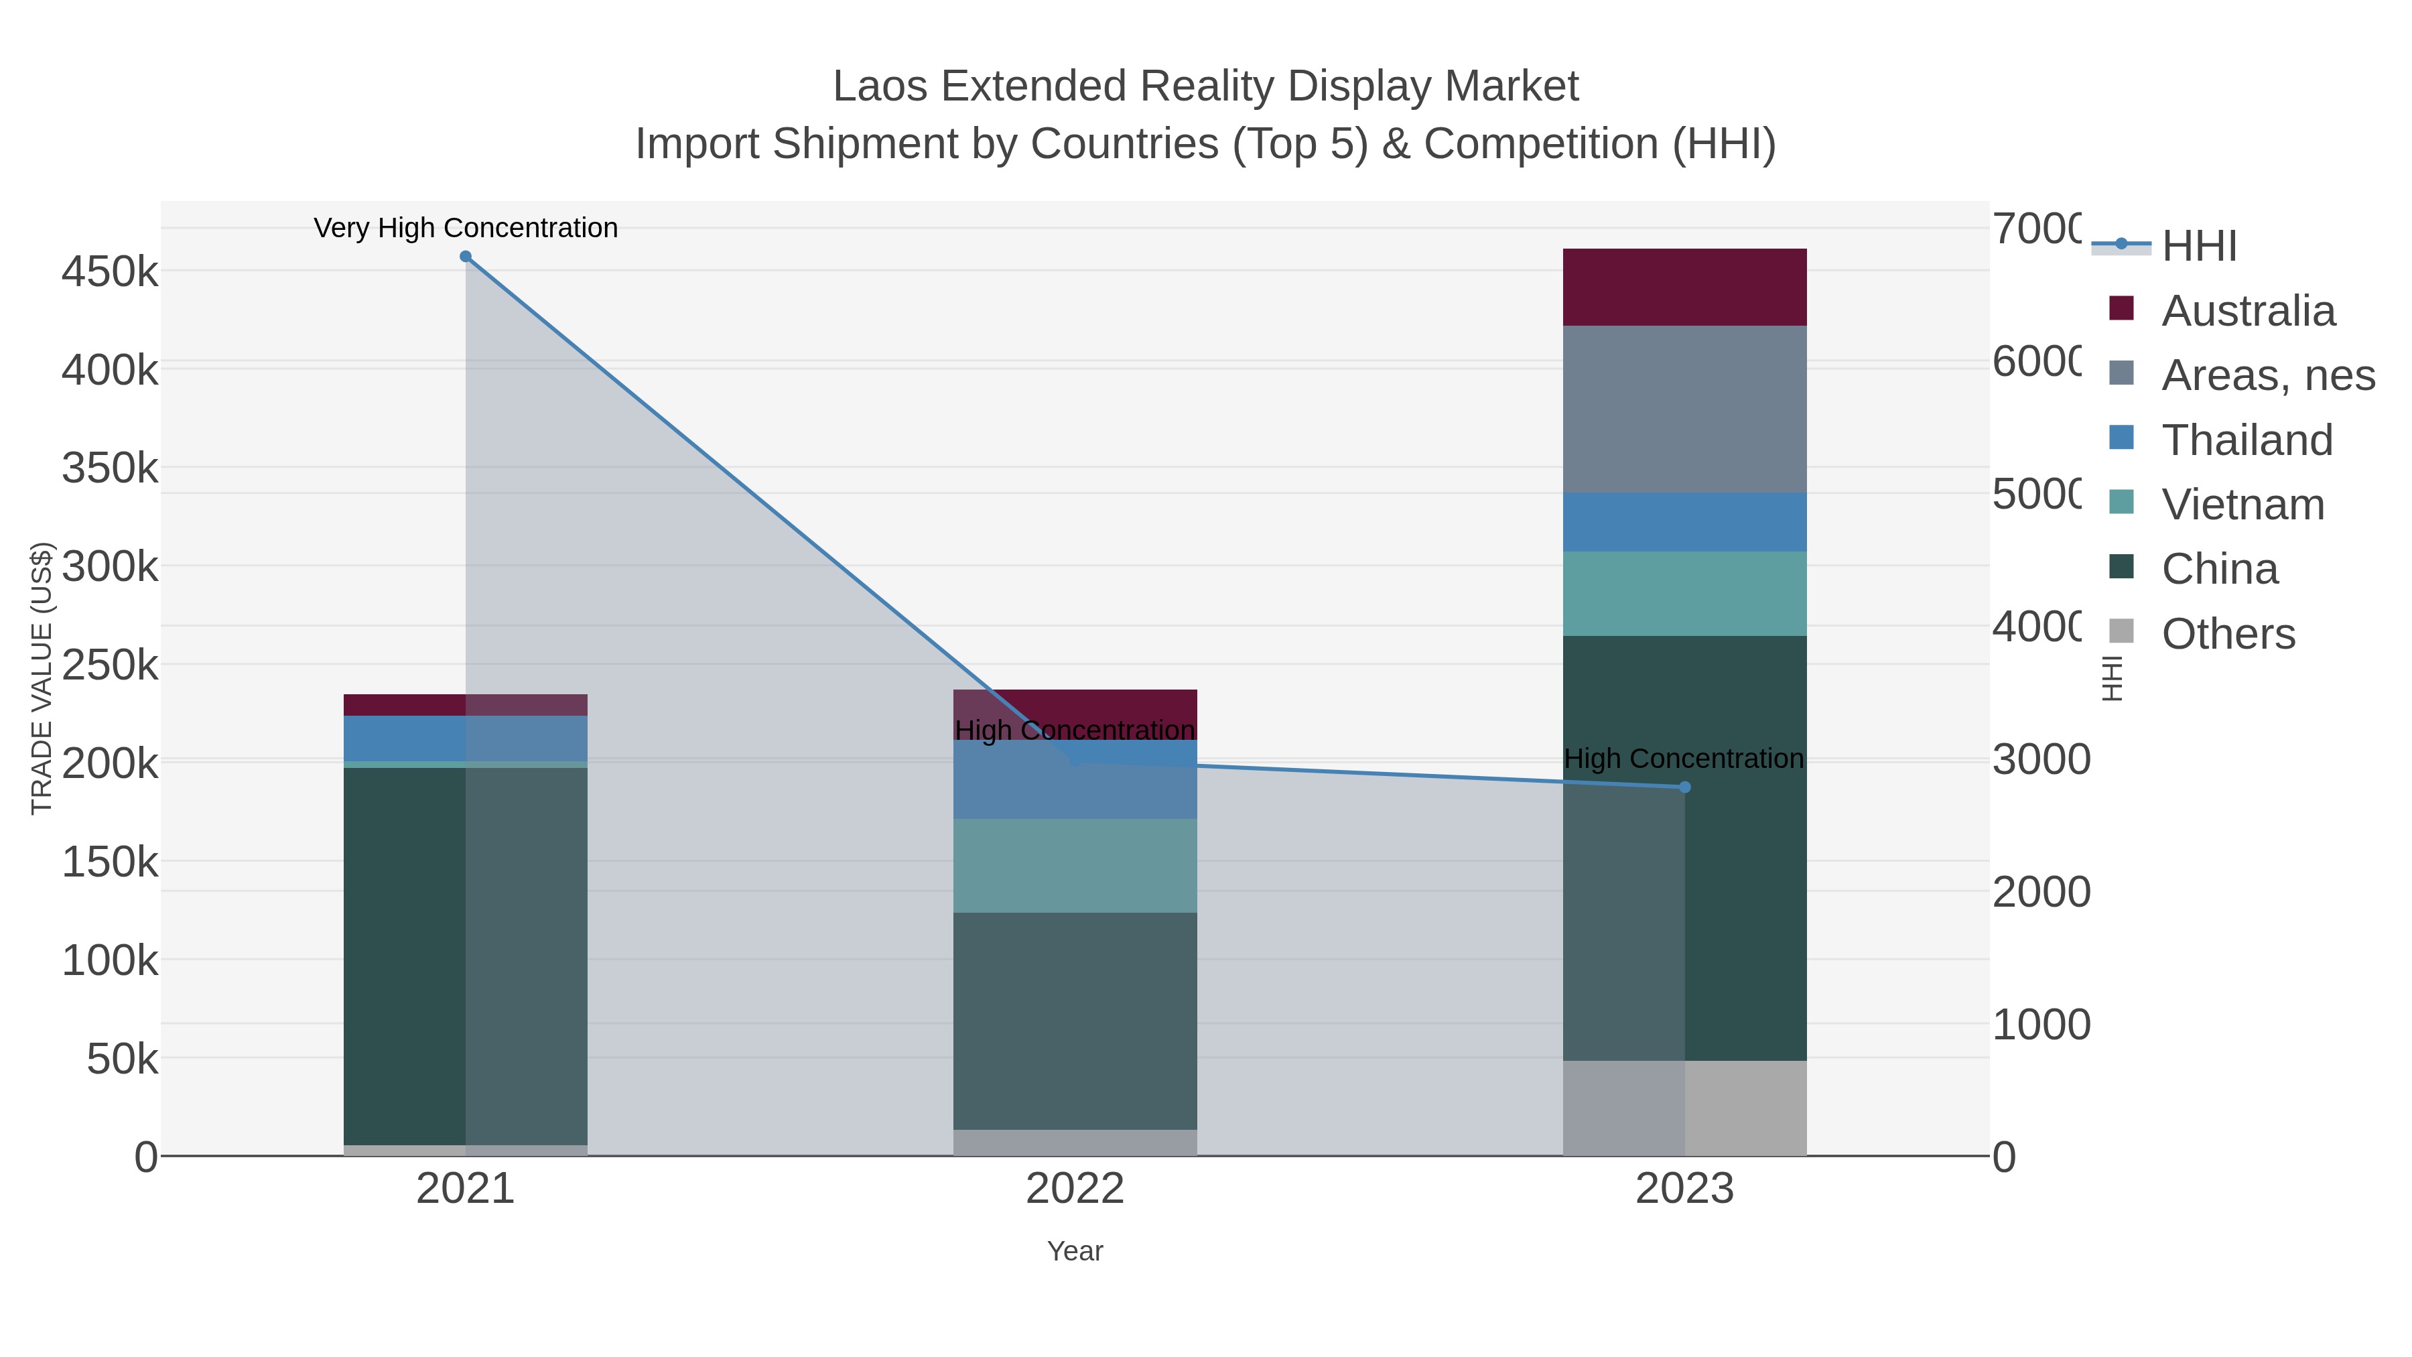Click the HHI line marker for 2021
point(466,257)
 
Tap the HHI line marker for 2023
point(1684,787)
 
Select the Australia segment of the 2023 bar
point(1684,287)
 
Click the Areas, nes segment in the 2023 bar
point(1684,409)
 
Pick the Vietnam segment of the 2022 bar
point(1075,865)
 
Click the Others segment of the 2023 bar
point(1684,1108)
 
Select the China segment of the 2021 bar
point(466,955)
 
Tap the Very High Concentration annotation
point(466,229)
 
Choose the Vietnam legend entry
point(2242,505)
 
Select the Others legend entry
point(2228,634)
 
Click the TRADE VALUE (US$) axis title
point(42,678)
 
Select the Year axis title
point(1075,1251)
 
